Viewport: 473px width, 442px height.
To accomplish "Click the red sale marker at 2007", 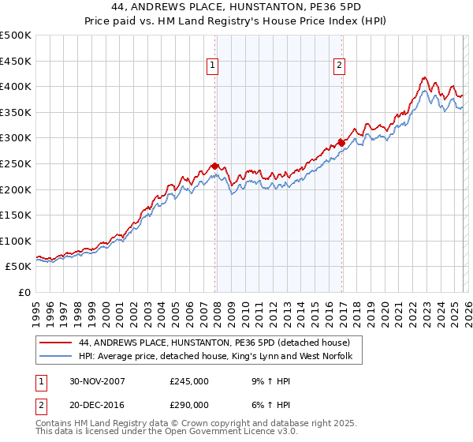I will point(215,167).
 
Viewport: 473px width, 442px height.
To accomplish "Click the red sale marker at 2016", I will point(341,143).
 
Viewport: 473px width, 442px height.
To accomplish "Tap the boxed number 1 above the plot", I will point(214,66).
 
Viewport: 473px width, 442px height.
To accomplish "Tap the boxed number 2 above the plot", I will point(339,66).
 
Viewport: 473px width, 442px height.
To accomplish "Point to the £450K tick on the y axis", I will point(16,61).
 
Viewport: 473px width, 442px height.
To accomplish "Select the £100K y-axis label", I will point(16,241).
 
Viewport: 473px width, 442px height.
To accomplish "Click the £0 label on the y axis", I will point(25,292).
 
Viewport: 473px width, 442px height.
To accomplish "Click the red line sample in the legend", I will point(55,343).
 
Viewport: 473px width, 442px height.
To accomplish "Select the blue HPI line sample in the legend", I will point(55,358).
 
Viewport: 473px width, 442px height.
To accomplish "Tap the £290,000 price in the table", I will point(189,403).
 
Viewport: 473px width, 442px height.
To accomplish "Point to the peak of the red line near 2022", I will point(424,77).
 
